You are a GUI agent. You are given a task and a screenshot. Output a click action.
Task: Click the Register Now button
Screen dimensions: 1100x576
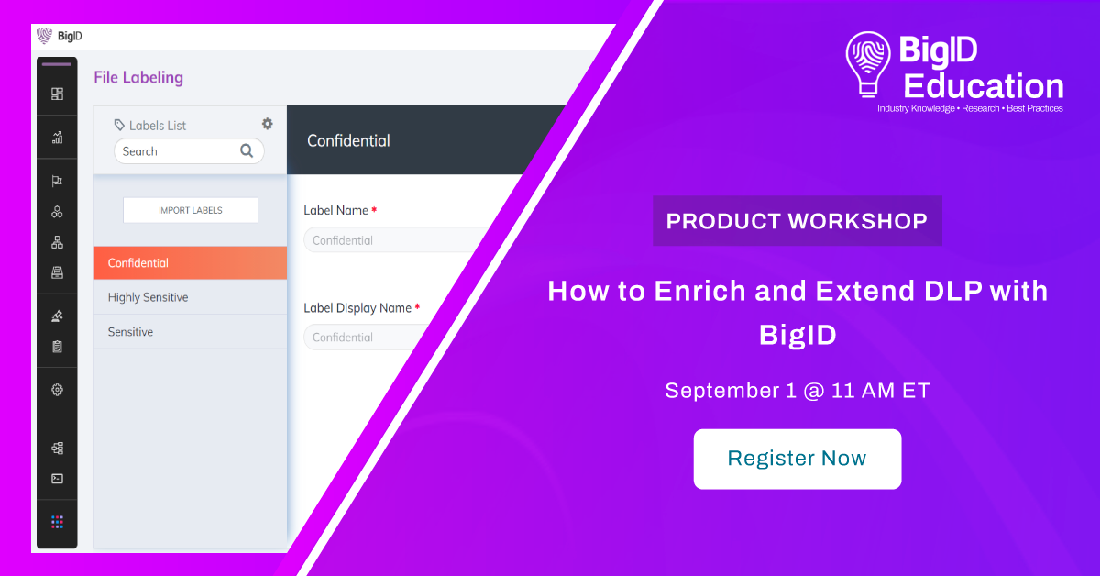click(x=797, y=459)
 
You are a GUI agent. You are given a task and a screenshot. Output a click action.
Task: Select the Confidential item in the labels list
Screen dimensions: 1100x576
click(x=190, y=263)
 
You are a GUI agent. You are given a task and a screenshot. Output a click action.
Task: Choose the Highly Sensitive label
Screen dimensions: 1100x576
click(x=190, y=297)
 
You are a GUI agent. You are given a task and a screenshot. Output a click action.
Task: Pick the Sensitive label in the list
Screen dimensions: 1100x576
click(x=190, y=332)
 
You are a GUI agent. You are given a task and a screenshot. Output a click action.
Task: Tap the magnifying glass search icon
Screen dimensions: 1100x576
click(x=247, y=151)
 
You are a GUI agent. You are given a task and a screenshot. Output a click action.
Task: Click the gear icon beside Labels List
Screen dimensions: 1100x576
click(x=267, y=124)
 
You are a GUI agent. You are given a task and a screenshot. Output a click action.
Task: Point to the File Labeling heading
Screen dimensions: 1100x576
click(x=138, y=77)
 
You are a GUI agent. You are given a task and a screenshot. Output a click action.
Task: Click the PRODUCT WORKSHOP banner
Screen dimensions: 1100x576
click(x=797, y=221)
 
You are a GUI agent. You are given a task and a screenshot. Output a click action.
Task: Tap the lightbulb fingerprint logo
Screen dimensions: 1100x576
click(x=868, y=64)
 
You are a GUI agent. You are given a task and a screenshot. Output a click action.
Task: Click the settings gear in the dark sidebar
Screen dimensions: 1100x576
click(x=57, y=390)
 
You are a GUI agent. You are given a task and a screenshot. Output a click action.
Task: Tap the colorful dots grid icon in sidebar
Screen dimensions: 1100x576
click(x=57, y=522)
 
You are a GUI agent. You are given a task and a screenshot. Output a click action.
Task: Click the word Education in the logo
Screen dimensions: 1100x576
click(x=983, y=86)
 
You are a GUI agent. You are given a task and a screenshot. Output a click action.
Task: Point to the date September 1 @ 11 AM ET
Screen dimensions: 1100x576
click(x=797, y=391)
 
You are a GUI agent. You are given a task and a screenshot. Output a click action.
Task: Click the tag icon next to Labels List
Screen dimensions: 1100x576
click(x=119, y=125)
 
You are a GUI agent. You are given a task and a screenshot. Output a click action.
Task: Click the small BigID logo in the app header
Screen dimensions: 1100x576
click(x=59, y=36)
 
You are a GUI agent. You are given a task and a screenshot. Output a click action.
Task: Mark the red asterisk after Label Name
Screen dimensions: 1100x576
click(x=374, y=209)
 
